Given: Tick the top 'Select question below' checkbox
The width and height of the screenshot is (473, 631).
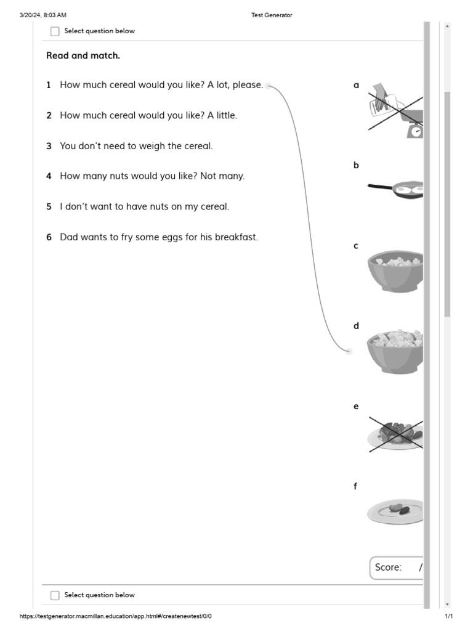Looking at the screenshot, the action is tap(55, 31).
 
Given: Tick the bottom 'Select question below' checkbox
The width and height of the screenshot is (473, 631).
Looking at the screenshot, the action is tap(55, 595).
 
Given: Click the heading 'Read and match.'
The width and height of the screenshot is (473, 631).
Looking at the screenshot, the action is tap(83, 55).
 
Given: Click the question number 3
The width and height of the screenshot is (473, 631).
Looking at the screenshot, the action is tap(49, 146).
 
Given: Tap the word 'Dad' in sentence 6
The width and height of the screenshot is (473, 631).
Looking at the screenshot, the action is tap(69, 237).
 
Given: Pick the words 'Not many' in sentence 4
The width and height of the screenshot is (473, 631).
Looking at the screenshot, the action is tap(222, 176).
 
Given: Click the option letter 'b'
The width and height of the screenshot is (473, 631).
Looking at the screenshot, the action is tap(356, 165).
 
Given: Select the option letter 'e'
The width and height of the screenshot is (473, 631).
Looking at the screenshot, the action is tap(356, 407).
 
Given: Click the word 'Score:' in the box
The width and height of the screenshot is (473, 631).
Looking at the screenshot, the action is tap(388, 567).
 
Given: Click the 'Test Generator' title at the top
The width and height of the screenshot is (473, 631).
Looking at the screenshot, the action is tap(272, 15).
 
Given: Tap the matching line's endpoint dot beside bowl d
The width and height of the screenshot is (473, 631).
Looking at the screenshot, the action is tap(349, 351).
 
